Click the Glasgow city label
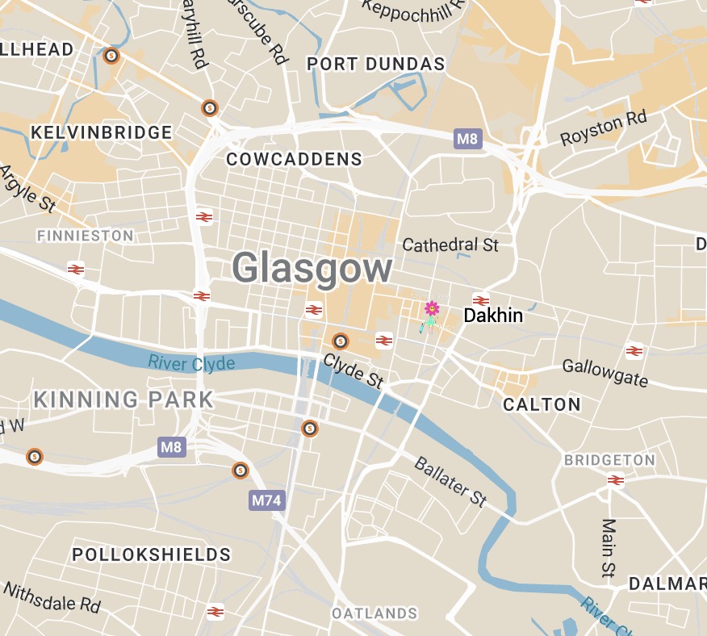(x=313, y=268)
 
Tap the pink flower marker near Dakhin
(x=432, y=308)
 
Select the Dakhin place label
(x=493, y=316)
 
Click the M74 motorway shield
(x=266, y=500)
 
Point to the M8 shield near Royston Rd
(x=467, y=139)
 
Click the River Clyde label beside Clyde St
(x=191, y=363)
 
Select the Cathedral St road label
(x=450, y=245)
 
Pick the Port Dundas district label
(x=376, y=64)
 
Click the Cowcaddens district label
(x=295, y=159)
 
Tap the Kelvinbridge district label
(x=102, y=132)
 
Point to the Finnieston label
(x=86, y=236)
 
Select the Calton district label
(x=542, y=404)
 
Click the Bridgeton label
(x=610, y=460)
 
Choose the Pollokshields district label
(x=152, y=555)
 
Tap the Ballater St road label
(x=450, y=482)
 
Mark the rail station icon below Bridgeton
(x=616, y=480)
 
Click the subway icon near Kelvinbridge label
(x=210, y=107)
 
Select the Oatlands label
(x=375, y=613)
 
